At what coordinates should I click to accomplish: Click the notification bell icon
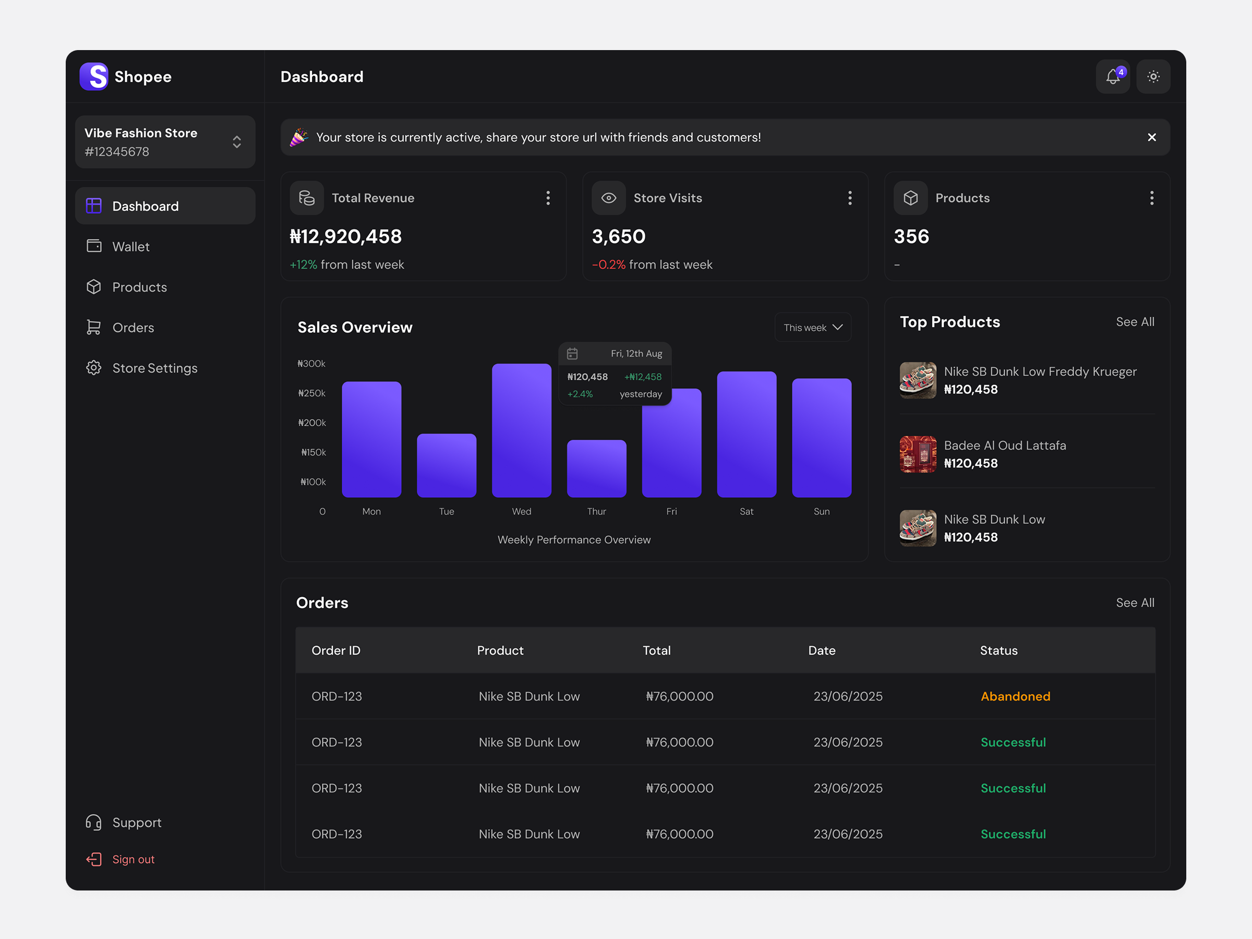point(1112,76)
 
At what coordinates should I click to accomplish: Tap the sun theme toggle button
point(1153,76)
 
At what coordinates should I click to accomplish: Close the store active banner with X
point(1151,138)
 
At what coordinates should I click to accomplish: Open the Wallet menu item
point(130,247)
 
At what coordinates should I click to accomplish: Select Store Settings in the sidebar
point(154,368)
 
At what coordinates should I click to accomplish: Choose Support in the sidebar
point(136,822)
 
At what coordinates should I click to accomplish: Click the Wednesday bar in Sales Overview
point(521,430)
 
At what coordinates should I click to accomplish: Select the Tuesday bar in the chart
point(446,465)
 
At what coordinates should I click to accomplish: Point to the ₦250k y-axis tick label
point(312,393)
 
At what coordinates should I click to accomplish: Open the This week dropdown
point(812,328)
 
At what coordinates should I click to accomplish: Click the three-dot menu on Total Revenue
point(547,198)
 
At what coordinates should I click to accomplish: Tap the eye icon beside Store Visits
point(608,198)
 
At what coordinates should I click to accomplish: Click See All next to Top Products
point(1134,322)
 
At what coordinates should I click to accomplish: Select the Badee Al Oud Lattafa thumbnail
point(918,454)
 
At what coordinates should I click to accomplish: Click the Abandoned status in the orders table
point(1015,696)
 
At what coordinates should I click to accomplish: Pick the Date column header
point(821,651)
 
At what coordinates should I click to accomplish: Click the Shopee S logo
point(94,76)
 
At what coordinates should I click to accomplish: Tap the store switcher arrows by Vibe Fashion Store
point(237,142)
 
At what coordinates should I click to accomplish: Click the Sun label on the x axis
point(821,512)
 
